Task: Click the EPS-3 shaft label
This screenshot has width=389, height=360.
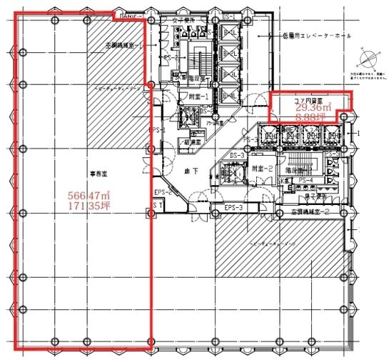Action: coord(234,208)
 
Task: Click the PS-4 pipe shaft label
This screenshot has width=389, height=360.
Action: coord(305,180)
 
